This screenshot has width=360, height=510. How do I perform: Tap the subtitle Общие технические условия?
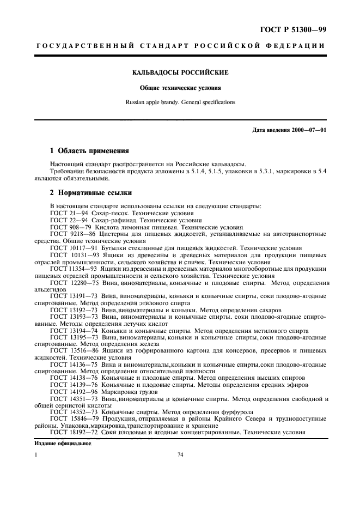180,87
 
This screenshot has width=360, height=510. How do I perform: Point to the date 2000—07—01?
308,130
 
